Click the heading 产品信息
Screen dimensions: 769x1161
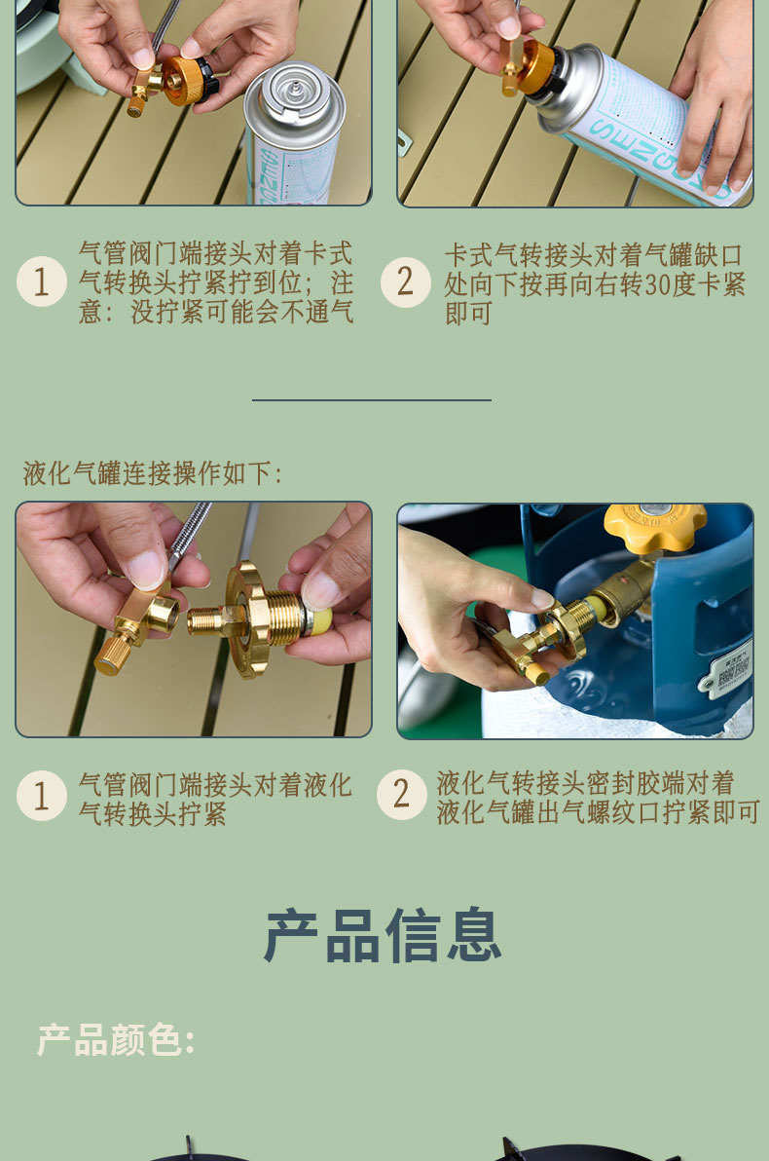383,935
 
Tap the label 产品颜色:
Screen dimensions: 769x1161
116,1039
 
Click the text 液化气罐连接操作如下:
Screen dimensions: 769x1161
153,473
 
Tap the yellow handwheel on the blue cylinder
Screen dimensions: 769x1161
655,527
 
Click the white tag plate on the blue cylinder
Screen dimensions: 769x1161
727,668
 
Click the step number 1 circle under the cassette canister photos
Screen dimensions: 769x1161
42,281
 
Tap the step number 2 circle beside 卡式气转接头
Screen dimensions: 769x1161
406,282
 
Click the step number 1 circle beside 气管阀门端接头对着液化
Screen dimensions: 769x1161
42,796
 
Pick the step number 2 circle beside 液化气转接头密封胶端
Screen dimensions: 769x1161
402,795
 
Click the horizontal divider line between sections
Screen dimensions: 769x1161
372,400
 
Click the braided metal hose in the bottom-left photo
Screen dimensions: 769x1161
191,529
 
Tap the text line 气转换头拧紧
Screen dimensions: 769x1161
153,814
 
